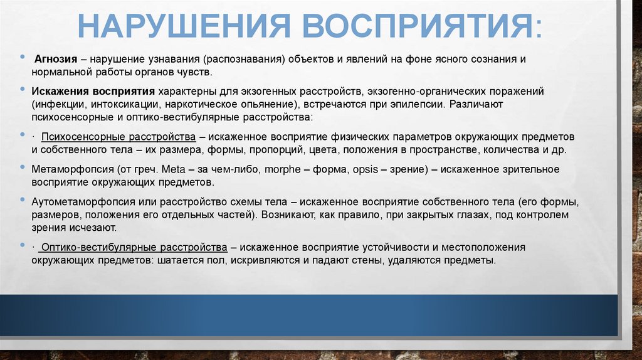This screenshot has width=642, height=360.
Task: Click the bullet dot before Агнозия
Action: [x=23, y=58]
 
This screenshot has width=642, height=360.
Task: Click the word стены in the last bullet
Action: [x=367, y=260]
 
